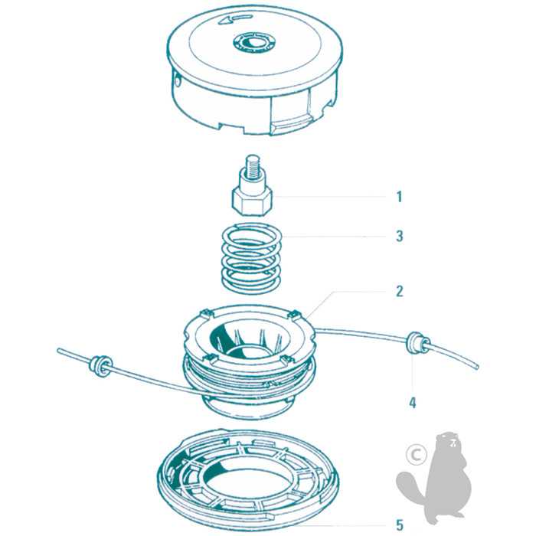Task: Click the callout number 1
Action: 399,197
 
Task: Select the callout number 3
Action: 399,236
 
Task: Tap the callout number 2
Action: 399,291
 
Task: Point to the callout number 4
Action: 413,403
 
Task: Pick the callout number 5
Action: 399,525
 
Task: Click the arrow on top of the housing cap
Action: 236,19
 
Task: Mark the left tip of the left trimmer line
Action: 59,351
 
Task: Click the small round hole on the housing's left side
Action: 178,83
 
